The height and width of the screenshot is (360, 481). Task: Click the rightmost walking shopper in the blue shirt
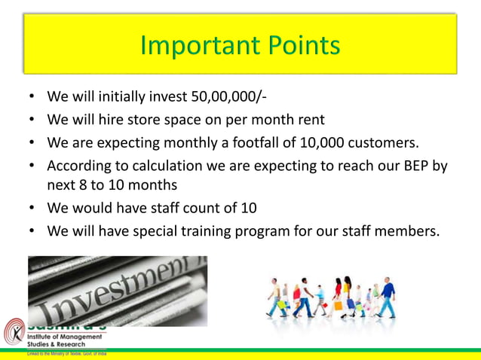385,296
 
